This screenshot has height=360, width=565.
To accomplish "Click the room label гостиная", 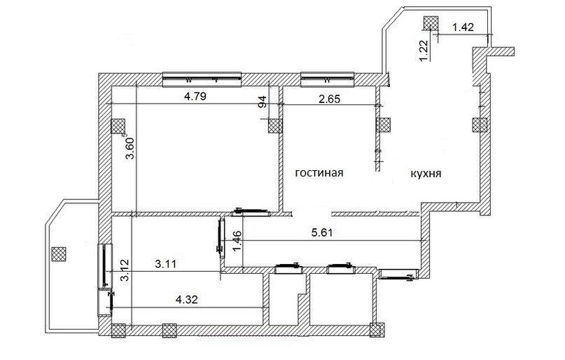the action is coord(319,173).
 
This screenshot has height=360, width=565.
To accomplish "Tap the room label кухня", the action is coord(426,174).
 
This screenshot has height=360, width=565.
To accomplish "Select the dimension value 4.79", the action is coord(195,97).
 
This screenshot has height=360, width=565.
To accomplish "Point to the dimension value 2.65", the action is coord(329,98).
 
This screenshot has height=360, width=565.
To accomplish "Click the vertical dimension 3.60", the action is coord(130,148).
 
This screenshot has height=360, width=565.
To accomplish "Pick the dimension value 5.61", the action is coord(321,232).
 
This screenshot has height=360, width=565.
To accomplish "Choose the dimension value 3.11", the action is coord(166,264).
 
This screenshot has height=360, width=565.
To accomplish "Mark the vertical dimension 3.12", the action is coord(125,270).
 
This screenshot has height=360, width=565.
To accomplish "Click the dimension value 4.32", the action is coord(186,299).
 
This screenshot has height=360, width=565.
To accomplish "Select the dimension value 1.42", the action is coord(463,27).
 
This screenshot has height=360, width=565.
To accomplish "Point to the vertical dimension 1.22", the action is coord(424,50).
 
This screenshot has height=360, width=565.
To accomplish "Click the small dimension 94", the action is coord(263,102).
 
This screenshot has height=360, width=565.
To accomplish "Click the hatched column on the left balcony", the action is coord(59,254).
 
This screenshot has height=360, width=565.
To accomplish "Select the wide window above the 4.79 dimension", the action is coord(202,80).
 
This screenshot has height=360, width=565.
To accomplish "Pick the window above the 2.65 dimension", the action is coord(328,80).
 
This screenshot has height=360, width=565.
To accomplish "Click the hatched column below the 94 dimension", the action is coord(275,126).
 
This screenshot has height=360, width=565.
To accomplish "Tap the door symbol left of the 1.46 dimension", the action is coord(221,238).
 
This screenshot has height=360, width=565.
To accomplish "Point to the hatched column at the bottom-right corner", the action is coord(377,330).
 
